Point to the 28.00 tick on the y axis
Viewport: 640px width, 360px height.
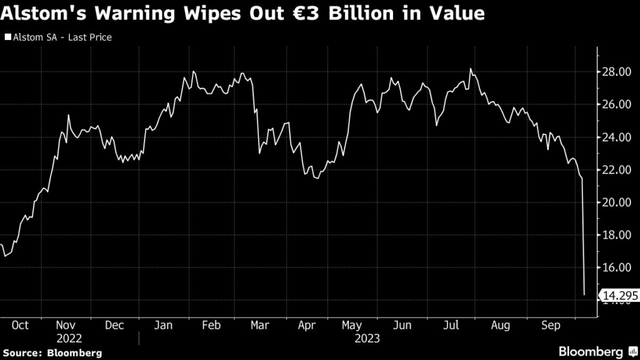click(614, 72)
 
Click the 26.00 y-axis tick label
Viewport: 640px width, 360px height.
click(614, 104)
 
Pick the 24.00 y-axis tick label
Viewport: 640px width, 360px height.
click(614, 137)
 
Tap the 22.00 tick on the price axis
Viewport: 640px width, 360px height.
click(614, 169)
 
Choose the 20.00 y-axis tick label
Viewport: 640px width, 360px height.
click(614, 202)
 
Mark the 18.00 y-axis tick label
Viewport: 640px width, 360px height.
click(614, 235)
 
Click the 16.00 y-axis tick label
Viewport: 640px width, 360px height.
click(614, 267)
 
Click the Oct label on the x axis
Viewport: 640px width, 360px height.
click(20, 326)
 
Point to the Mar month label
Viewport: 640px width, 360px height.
click(259, 326)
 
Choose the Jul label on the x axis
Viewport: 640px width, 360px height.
click(450, 326)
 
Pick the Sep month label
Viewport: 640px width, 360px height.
click(549, 326)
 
